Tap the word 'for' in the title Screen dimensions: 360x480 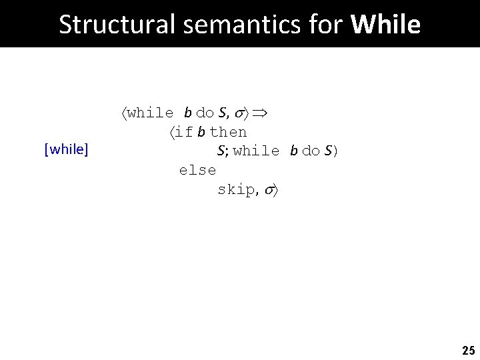pyautogui.click(x=321, y=25)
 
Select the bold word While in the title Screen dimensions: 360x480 pyautogui.click(x=385, y=25)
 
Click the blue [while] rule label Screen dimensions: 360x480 pyautogui.click(x=66, y=149)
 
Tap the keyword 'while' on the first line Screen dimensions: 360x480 pyautogui.click(x=150, y=113)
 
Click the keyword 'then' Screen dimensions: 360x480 pyautogui.click(x=229, y=132)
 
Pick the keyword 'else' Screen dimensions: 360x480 pyautogui.click(x=197, y=170)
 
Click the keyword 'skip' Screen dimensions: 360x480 pyautogui.click(x=236, y=189)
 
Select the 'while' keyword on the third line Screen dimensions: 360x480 pyautogui.click(x=257, y=151)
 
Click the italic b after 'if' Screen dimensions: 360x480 pyautogui.click(x=201, y=132)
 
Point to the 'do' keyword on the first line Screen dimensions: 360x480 pyautogui.click(x=205, y=113)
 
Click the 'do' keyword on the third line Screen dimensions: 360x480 pyautogui.click(x=311, y=151)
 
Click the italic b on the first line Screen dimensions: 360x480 pyautogui.click(x=189, y=113)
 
